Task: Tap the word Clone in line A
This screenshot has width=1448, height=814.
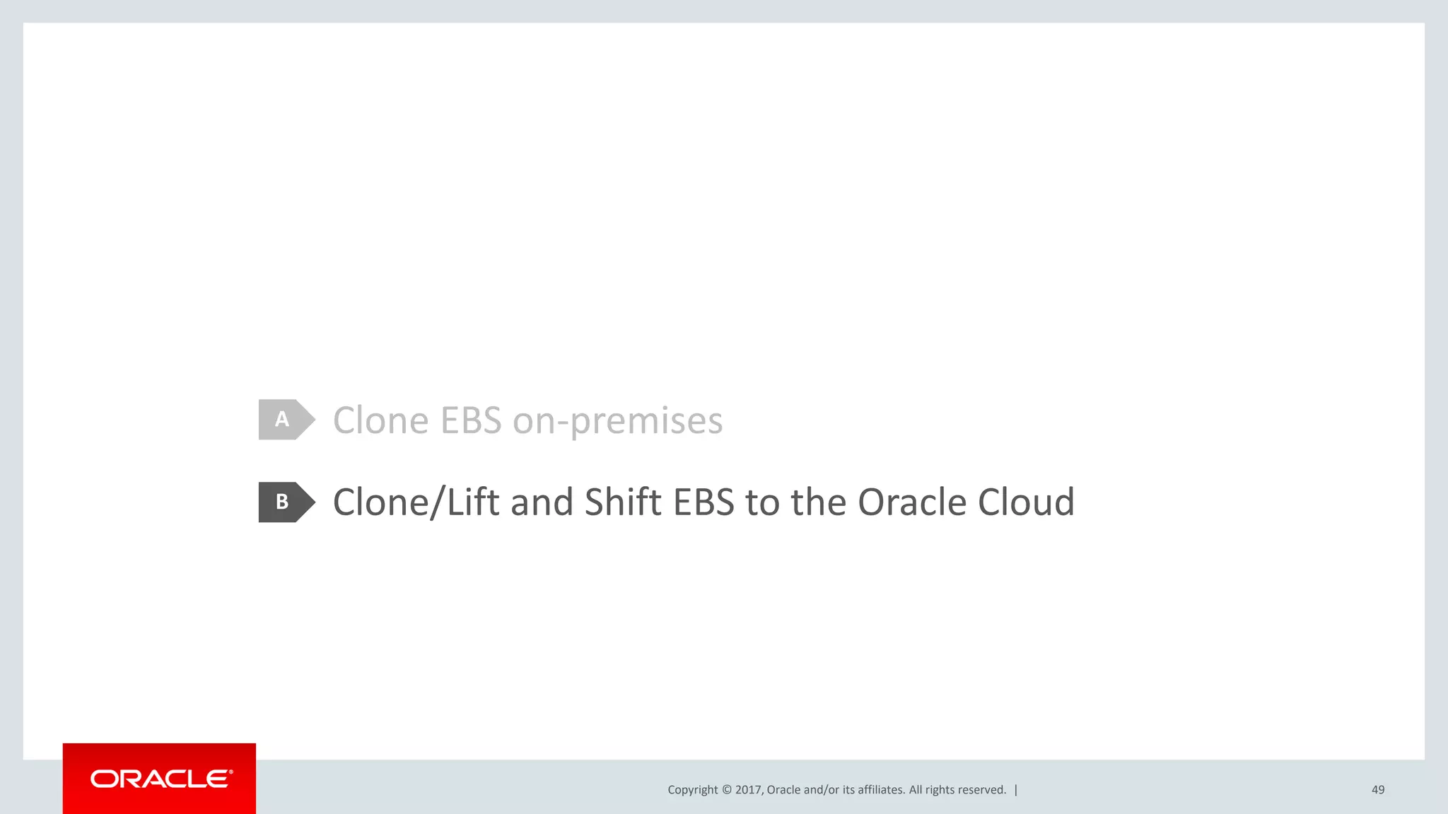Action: click(x=380, y=420)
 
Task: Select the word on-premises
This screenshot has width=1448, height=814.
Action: click(x=617, y=422)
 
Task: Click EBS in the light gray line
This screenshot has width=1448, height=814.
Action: click(x=471, y=420)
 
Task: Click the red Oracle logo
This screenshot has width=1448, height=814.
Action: click(x=160, y=779)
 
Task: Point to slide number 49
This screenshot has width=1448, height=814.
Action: click(x=1378, y=790)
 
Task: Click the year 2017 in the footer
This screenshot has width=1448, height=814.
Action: click(x=747, y=790)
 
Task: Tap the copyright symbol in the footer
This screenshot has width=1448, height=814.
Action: click(x=726, y=790)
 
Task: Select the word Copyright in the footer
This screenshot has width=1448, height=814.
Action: click(x=692, y=790)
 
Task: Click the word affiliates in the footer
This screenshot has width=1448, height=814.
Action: click(x=881, y=790)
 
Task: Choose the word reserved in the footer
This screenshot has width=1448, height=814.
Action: click(x=982, y=790)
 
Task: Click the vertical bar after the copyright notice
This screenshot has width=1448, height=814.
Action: click(x=1016, y=790)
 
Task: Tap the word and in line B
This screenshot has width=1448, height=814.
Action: click(x=542, y=502)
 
